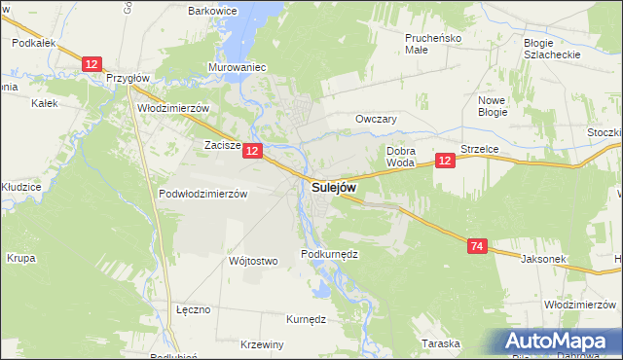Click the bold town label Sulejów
click(x=334, y=187)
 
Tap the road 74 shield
click(x=475, y=247)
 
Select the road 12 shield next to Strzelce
click(x=445, y=161)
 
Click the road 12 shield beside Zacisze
click(x=252, y=151)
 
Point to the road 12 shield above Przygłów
click(x=92, y=63)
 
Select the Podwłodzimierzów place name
click(x=203, y=194)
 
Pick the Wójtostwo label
click(x=253, y=261)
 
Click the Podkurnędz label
click(x=330, y=254)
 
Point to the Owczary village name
click(x=377, y=119)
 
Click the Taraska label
click(x=440, y=343)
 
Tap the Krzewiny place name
click(x=261, y=344)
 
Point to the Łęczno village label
click(x=194, y=309)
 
